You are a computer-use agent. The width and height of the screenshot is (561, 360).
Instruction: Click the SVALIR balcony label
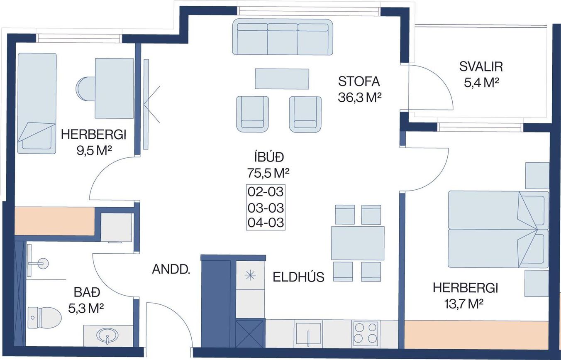point(481,67)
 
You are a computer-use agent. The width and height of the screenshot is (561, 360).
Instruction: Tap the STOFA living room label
point(359,81)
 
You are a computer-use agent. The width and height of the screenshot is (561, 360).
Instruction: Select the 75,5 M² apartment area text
point(268,173)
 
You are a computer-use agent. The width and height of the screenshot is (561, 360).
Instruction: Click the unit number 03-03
point(266,208)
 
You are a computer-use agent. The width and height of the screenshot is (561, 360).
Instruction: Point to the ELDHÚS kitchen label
point(298,277)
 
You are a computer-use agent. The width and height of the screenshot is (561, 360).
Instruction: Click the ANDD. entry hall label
point(171,269)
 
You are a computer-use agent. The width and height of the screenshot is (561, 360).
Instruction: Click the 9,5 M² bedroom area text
point(94,151)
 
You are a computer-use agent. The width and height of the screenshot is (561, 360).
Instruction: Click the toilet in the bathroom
point(44,318)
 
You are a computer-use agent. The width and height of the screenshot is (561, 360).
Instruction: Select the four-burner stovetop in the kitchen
point(366,334)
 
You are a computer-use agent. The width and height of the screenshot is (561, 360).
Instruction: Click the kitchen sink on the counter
point(308,334)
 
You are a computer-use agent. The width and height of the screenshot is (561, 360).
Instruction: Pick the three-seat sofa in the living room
point(283,37)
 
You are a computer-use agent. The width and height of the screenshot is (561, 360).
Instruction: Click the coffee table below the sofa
point(282,79)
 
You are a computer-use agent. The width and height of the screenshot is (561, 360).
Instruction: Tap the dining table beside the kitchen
point(358,243)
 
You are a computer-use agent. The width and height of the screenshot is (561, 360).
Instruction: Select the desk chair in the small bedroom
point(85,89)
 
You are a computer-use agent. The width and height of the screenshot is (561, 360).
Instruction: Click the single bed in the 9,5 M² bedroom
point(37,103)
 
